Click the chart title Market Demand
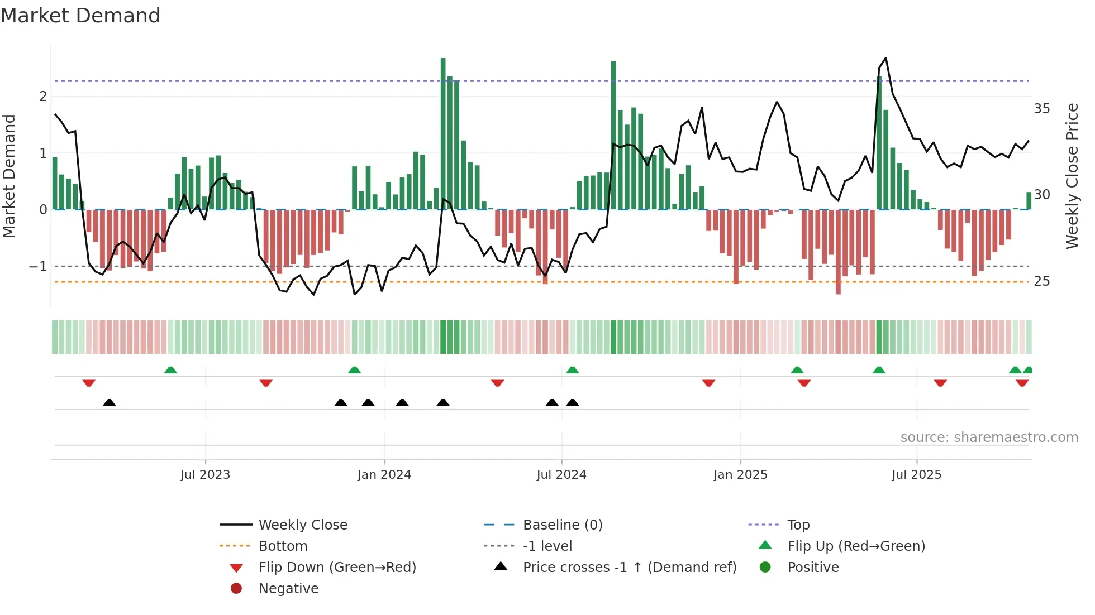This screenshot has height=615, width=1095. click(x=80, y=16)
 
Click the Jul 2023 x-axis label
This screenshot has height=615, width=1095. click(x=205, y=475)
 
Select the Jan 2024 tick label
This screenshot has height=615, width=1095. click(x=384, y=475)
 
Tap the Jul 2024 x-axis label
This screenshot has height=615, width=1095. click(x=561, y=475)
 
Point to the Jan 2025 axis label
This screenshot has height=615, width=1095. click(x=740, y=475)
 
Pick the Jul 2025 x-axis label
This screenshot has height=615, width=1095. click(x=916, y=475)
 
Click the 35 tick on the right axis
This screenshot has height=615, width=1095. click(x=1041, y=109)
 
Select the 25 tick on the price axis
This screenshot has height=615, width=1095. click(x=1041, y=281)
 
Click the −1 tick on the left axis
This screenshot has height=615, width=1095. click(x=38, y=267)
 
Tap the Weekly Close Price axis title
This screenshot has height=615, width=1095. click(x=1072, y=176)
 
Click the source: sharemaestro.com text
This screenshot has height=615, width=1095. click(x=989, y=438)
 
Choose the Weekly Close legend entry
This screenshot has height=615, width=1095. click(x=303, y=525)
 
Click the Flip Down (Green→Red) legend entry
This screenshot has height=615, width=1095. click(x=337, y=568)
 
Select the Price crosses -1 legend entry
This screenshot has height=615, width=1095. click(x=629, y=568)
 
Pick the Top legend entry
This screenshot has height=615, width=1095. click(x=798, y=525)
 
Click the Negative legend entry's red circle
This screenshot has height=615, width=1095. click(x=236, y=589)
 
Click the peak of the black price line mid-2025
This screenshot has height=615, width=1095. click(x=885, y=59)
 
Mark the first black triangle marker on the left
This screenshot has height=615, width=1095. click(x=109, y=403)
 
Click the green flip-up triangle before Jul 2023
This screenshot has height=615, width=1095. click(x=170, y=370)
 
